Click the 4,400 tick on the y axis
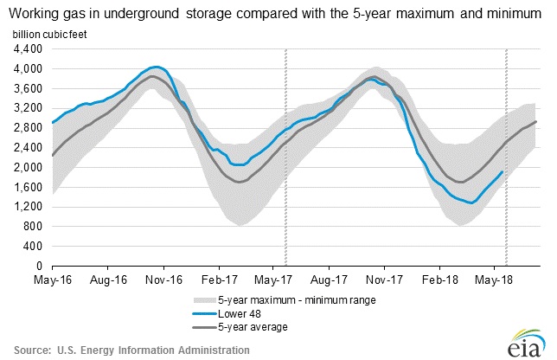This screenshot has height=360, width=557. coord(29,48)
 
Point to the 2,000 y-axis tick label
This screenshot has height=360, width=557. coord(29,167)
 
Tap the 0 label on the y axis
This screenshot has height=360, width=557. coord(39,266)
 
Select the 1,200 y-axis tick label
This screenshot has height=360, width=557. coord(29,207)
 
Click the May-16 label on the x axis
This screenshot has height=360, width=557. coord(52,280)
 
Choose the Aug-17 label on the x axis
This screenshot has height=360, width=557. coord(337,280)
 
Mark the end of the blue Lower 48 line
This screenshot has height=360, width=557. coord(503,171)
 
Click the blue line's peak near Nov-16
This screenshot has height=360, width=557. coord(156,67)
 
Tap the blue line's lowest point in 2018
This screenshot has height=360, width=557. coord(471,203)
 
